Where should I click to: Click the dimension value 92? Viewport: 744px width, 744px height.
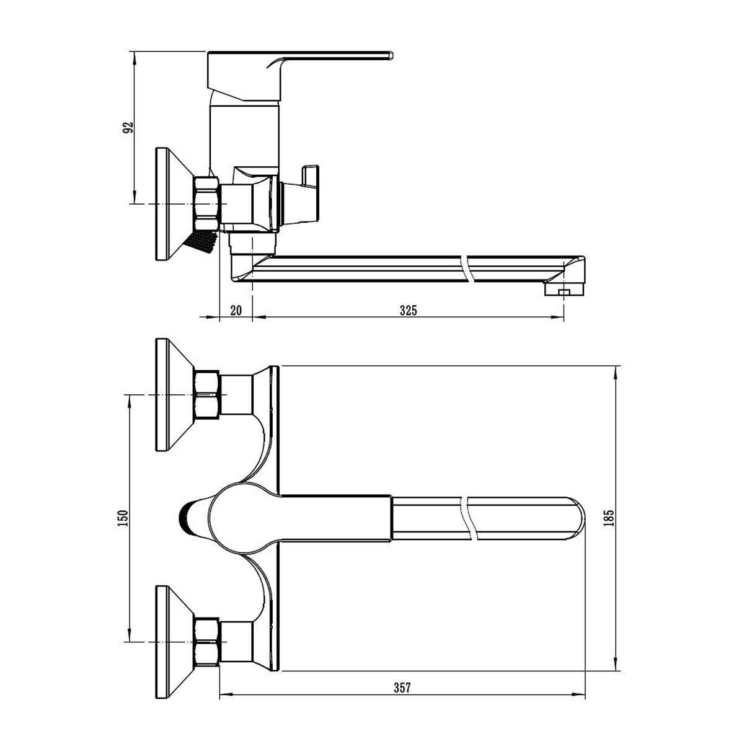tap(128, 128)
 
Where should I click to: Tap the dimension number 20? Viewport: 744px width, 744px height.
tap(236, 310)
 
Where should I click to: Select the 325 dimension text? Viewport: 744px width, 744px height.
tap(409, 310)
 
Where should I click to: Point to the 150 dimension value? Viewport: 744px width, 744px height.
tap(122, 518)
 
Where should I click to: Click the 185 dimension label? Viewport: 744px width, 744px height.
tap(609, 518)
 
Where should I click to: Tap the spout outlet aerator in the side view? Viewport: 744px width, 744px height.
tap(564, 290)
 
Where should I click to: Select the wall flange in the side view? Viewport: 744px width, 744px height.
tap(174, 203)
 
